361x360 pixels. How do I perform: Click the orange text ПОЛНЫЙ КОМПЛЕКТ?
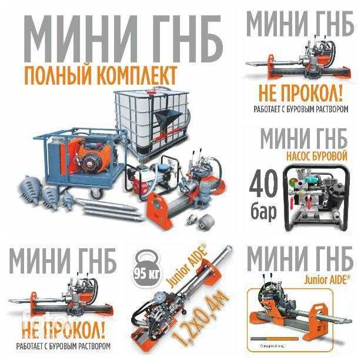(100, 76)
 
